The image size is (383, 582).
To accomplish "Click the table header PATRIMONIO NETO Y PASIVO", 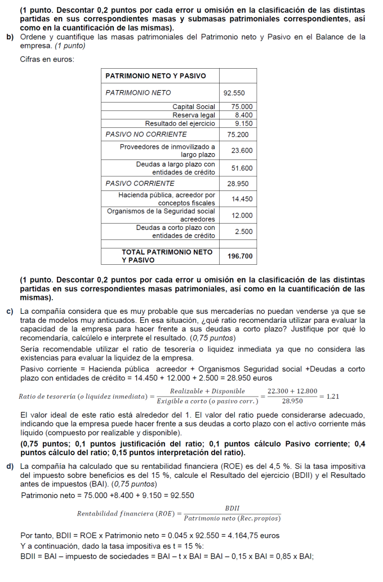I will (156, 75).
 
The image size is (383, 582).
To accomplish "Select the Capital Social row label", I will (194, 106).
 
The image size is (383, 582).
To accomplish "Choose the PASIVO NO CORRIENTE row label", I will (146, 135).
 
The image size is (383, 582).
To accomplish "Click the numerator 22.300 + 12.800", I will (292, 391).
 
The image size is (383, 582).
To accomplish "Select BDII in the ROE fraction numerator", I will (232, 508).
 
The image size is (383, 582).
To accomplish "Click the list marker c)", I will (10, 311).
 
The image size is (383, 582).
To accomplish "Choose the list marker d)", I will (10, 467).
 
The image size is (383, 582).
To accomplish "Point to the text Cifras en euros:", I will (47, 59).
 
